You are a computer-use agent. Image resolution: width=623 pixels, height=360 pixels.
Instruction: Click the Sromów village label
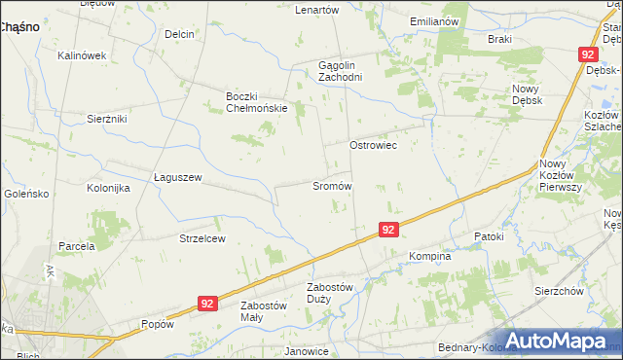[332, 185]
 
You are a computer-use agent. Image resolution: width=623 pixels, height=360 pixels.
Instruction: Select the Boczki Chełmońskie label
[256, 102]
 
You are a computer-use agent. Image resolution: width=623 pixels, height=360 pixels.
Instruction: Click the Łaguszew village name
[177, 177]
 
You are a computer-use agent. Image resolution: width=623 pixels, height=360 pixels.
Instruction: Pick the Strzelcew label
[202, 238]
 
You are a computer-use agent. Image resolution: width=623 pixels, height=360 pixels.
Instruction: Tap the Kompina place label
[429, 257]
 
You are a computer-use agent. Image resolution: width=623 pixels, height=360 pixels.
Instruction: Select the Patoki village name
[489, 236]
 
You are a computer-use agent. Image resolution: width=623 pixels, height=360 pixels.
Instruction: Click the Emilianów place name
[434, 21]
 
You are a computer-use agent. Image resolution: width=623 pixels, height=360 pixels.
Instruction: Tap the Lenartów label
[316, 10]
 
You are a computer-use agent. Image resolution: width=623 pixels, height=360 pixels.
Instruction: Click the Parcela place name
[76, 246]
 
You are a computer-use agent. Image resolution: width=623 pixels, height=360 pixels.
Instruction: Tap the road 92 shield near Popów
[206, 304]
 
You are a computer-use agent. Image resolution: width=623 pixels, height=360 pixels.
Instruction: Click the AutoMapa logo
[559, 341]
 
